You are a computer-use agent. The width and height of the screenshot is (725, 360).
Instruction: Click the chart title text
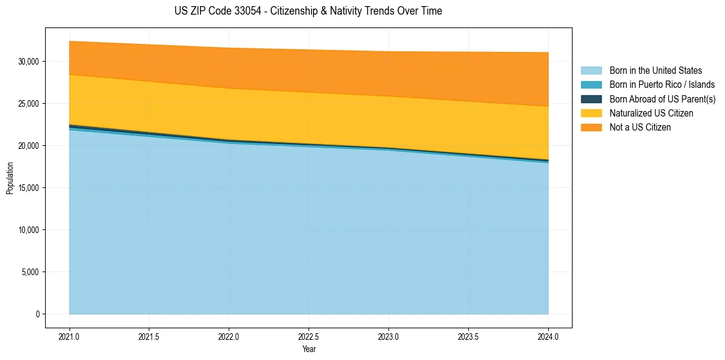pyautogui.click(x=308, y=11)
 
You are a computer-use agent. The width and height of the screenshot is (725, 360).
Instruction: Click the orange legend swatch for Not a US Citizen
pyautogui.click(x=591, y=127)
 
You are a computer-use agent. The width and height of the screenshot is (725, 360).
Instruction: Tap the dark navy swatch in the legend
pyautogui.click(x=591, y=99)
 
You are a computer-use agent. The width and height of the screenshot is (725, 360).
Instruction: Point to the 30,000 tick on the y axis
pyautogui.click(x=29, y=62)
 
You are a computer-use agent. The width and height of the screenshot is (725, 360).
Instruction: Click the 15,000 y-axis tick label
pyautogui.click(x=29, y=188)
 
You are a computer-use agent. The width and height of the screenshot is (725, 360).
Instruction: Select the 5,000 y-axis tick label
pyautogui.click(x=31, y=272)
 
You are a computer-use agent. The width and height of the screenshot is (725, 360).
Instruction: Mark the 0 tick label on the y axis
pyautogui.click(x=37, y=314)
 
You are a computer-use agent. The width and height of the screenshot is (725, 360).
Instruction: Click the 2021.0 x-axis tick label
pyautogui.click(x=70, y=336)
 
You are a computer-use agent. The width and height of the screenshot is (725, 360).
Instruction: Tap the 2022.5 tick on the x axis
pyautogui.click(x=309, y=336)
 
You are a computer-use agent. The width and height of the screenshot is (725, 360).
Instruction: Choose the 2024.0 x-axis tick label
pyautogui.click(x=548, y=336)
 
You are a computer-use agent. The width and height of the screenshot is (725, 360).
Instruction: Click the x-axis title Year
pyautogui.click(x=309, y=350)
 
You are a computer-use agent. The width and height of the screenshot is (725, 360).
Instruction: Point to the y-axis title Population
pyautogui.click(x=10, y=178)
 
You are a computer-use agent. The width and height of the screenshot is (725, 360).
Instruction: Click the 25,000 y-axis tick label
pyautogui.click(x=29, y=104)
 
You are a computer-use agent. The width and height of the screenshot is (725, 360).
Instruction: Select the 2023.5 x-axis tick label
pyautogui.click(x=468, y=336)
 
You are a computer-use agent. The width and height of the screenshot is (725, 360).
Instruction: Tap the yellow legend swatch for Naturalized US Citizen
pyautogui.click(x=591, y=113)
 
